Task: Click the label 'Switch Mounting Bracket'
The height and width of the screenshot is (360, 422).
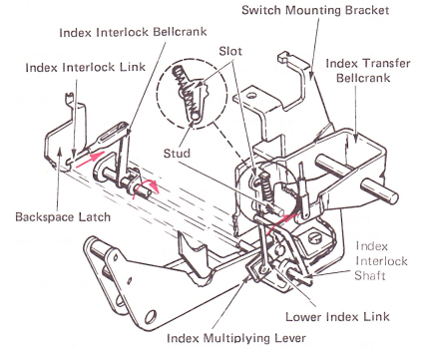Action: coord(315,10)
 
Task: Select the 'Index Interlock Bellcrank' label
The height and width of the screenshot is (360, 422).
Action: coord(133,32)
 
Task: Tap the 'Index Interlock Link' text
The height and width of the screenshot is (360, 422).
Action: coord(86,68)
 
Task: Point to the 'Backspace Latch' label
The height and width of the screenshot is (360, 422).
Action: coord(63,217)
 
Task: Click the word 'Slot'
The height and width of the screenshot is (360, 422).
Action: coord(230,52)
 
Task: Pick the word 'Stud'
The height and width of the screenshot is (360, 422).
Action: coord(177,154)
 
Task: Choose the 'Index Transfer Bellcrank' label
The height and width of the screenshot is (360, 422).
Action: coord(368,71)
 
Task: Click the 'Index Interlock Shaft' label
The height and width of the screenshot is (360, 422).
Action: coord(381,261)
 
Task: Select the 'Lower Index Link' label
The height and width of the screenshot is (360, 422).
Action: coord(337,316)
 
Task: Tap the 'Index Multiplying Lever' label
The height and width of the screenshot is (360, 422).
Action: coord(236,338)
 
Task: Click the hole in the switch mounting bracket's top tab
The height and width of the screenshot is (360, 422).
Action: coord(251,96)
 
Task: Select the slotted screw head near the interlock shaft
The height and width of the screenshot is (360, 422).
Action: coord(315,238)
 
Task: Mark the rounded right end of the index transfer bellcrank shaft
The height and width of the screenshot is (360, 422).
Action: coord(393,197)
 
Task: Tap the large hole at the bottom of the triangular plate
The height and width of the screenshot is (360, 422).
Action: coord(151,315)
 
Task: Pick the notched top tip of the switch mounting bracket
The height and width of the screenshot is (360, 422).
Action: coord(283,57)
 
